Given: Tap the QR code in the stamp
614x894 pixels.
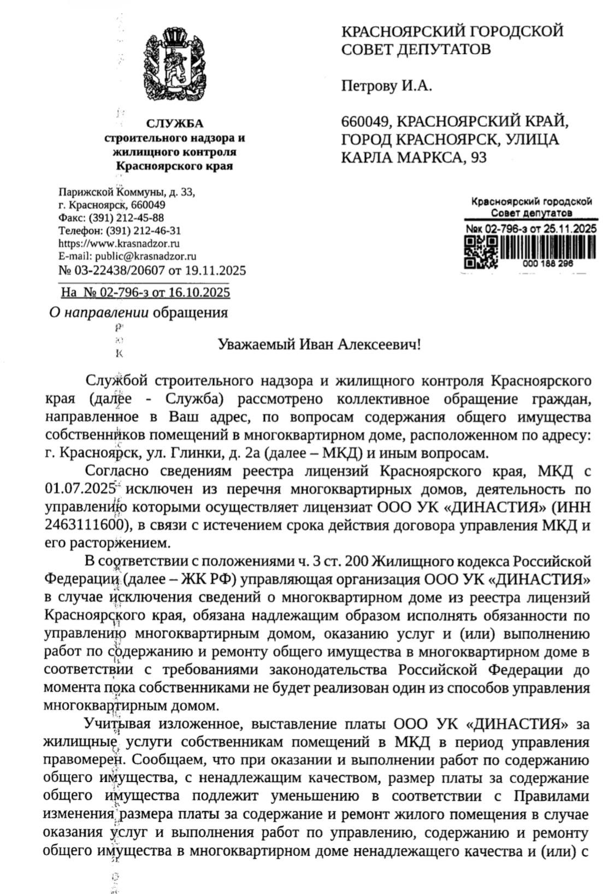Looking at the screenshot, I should point(481,252).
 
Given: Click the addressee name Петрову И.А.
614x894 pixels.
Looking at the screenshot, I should point(386,86).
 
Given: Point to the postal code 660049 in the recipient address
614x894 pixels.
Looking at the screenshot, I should point(364,121).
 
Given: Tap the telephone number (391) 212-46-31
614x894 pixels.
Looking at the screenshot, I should point(143,231).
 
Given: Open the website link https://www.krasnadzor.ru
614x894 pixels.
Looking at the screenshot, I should point(119,243).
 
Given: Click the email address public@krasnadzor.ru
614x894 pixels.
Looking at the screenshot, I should point(146,256).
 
